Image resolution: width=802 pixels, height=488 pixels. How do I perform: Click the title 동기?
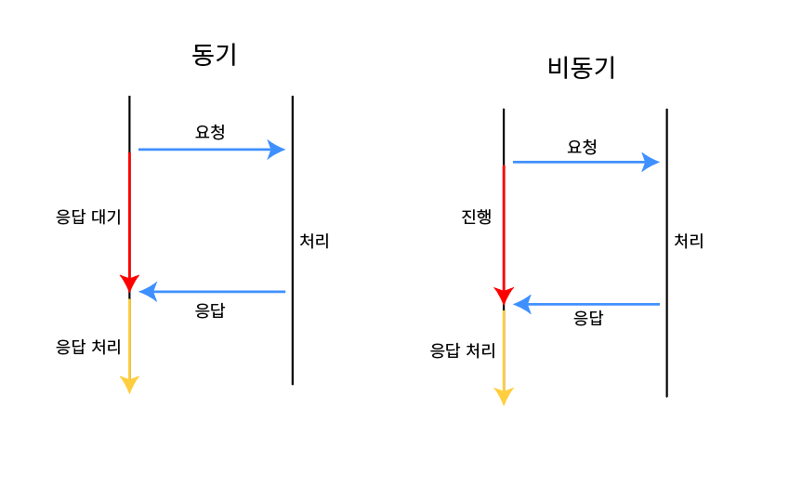click(215, 55)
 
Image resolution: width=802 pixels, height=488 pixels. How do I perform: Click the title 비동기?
click(582, 68)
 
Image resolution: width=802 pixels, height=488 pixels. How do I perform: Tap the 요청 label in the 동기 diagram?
click(210, 132)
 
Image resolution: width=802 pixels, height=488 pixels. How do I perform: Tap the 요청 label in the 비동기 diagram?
click(582, 147)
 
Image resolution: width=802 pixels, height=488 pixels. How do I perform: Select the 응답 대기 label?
click(88, 217)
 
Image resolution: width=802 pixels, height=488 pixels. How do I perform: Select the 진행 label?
click(476, 217)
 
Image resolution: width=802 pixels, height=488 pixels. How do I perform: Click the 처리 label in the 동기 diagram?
click(314, 241)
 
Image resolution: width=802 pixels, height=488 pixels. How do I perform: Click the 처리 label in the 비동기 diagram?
click(689, 242)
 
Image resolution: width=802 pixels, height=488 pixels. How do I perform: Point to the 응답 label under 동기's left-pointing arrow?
click(210, 311)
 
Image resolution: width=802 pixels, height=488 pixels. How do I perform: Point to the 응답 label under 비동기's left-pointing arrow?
click(587, 318)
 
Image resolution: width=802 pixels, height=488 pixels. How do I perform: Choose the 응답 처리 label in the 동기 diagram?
click(88, 347)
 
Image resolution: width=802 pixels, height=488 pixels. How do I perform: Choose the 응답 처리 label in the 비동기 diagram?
click(462, 350)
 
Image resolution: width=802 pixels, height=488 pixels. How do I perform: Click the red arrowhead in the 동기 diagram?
click(129, 284)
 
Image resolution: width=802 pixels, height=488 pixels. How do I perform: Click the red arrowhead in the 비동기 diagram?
click(504, 297)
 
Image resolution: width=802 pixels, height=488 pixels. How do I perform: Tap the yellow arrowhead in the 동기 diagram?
click(129, 384)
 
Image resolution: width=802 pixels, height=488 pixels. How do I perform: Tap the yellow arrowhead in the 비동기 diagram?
click(504, 396)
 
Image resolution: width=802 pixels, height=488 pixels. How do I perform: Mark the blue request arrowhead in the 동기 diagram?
click(276, 149)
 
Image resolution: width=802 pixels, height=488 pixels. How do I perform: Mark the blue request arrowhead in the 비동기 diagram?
click(650, 162)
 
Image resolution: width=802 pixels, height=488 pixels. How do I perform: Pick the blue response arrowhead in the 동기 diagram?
click(148, 292)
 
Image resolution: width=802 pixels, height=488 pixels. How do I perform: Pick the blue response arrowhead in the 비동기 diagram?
click(522, 304)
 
